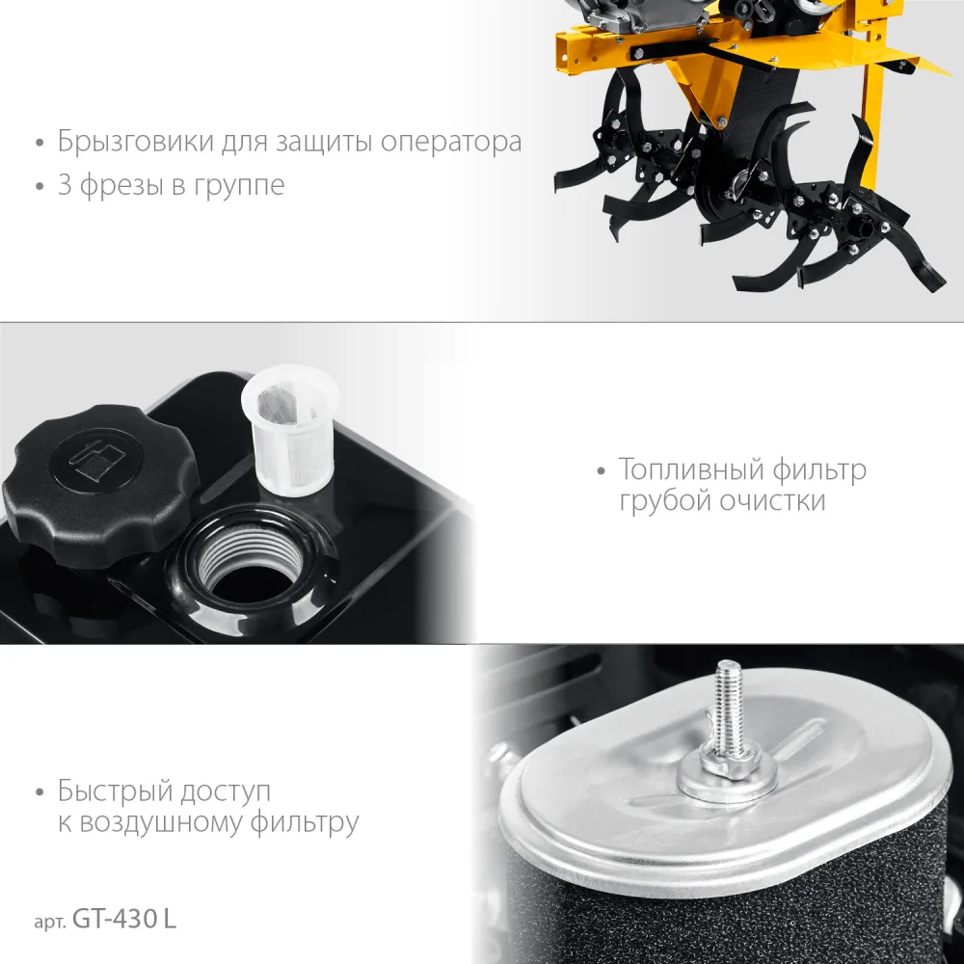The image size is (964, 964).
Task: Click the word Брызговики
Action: point(135,142)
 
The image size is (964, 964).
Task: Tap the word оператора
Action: point(451,143)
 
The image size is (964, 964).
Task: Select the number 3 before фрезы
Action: point(65,184)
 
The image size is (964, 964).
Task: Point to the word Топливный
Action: point(690,469)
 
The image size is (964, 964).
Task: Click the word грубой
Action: point(664,500)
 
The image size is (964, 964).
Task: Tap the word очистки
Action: point(772,501)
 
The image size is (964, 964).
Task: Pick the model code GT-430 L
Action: point(124,919)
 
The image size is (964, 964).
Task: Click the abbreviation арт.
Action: point(50,922)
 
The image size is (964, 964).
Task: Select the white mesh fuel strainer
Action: point(290,430)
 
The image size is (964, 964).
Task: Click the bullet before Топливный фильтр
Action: point(602,471)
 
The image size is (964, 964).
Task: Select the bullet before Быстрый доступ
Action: point(40,792)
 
